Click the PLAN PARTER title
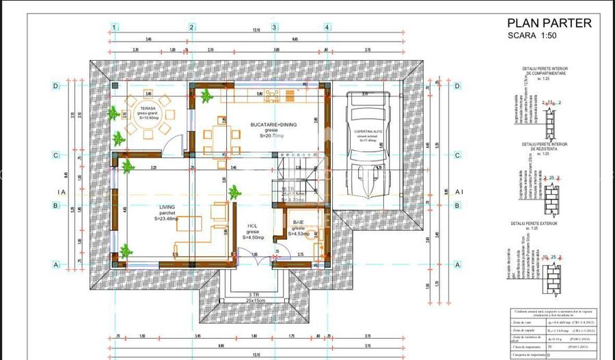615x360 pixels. (x=549, y=23)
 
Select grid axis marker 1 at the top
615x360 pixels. (x=114, y=27)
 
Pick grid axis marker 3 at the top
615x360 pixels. (x=275, y=27)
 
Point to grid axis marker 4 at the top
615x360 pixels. (x=327, y=27)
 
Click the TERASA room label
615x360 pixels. (x=148, y=108)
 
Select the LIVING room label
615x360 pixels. (x=167, y=207)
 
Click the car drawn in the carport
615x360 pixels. (x=368, y=147)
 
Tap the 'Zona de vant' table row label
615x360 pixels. (x=526, y=320)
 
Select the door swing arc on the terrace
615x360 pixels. (x=176, y=144)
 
